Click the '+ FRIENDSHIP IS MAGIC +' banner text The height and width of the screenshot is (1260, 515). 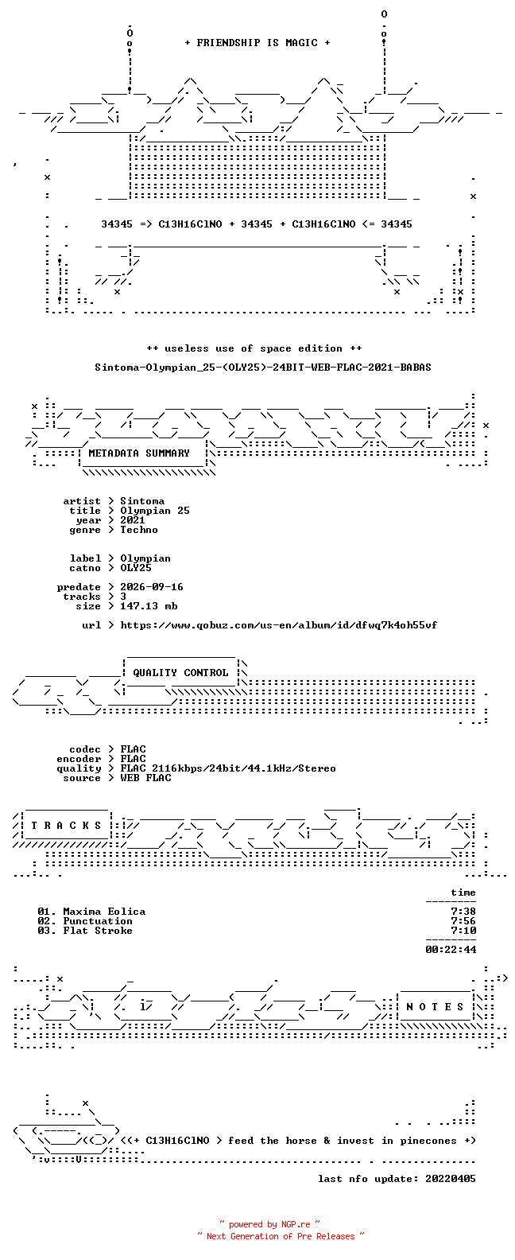point(257,43)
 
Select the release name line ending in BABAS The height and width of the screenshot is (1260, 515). point(263,367)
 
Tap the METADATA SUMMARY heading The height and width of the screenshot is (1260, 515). point(139,453)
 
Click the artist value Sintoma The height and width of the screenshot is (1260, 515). point(142,500)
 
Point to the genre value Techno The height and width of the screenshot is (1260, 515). point(139,529)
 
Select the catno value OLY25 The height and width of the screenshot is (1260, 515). point(135,568)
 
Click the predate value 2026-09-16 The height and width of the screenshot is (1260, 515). point(152,587)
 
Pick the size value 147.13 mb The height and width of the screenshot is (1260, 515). point(149,606)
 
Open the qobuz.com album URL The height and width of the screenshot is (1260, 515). point(279,625)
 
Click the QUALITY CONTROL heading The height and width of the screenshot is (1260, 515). point(180,672)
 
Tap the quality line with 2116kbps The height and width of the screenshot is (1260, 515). point(228,768)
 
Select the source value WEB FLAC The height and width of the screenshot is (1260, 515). point(145,778)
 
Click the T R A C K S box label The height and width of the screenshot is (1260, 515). point(66,825)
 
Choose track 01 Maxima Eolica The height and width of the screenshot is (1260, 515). point(91,912)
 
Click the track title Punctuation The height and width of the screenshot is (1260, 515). point(98,921)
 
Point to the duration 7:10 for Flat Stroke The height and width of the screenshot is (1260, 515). point(463,931)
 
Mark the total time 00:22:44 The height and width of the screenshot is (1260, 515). point(451,950)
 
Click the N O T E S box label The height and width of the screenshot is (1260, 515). point(435,1006)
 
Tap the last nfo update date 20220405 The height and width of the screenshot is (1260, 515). point(451,1178)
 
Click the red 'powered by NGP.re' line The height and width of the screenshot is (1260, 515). point(270,1224)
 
